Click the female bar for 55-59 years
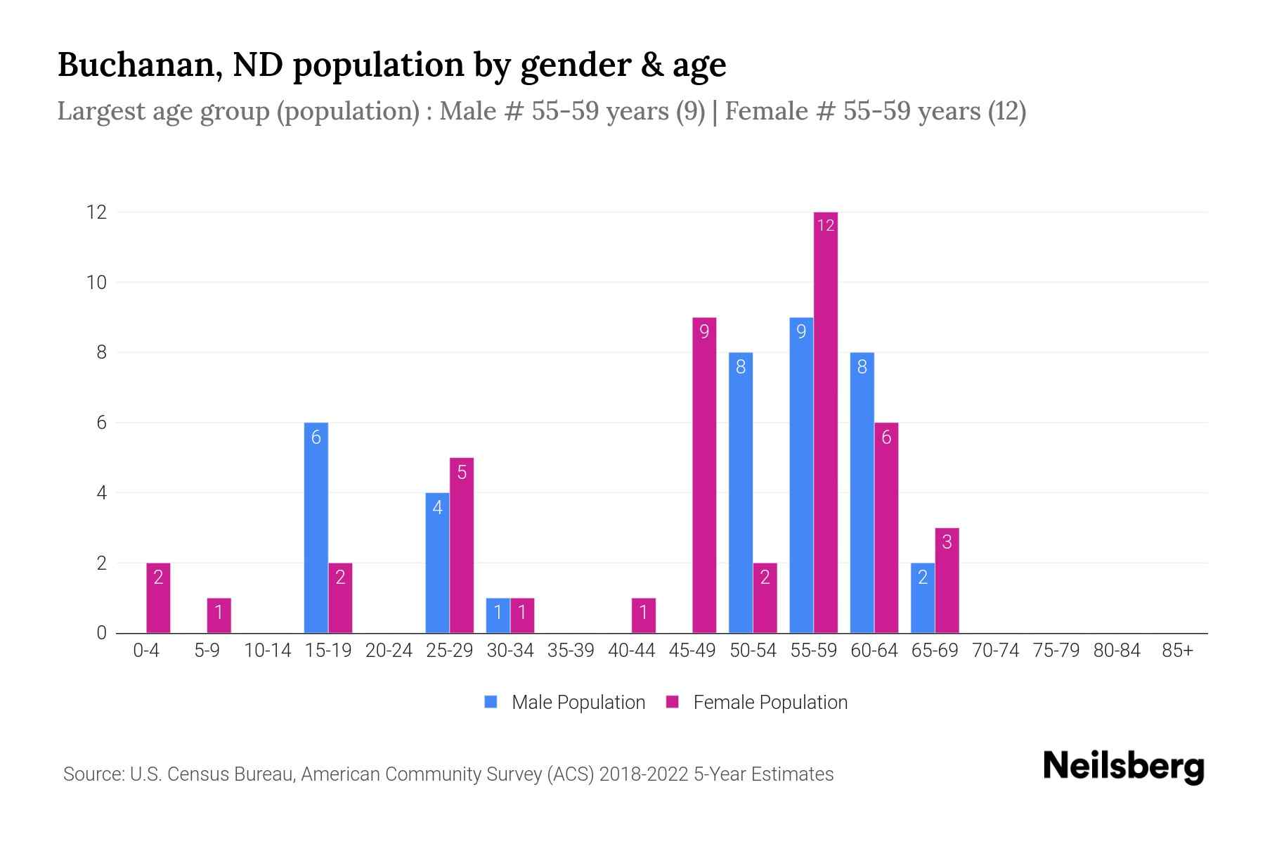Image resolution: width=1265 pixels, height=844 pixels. [x=826, y=422]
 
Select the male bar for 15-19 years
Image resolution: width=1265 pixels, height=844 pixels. [x=316, y=527]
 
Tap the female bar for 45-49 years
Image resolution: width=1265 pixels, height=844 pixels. [x=704, y=475]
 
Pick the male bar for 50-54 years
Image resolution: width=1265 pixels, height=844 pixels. [x=741, y=492]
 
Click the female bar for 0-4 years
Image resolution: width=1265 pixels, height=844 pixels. [x=158, y=598]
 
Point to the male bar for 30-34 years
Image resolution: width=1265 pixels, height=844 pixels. [x=498, y=615]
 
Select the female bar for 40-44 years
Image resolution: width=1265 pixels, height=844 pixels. [x=644, y=615]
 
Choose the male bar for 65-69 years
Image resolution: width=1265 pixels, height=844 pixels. [x=923, y=598]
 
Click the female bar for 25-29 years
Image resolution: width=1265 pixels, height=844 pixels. [x=462, y=545]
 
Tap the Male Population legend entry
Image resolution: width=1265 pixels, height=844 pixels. [x=566, y=702]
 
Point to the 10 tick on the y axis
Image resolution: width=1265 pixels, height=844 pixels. [x=97, y=282]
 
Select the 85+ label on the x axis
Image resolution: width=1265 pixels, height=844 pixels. [x=1177, y=651]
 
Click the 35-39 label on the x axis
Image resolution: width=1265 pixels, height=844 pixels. [x=571, y=651]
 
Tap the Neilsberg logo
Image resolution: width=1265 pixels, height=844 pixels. [x=1123, y=767]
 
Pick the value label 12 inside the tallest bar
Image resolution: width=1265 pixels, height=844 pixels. [x=826, y=225]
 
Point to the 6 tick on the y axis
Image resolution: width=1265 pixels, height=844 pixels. [x=101, y=423]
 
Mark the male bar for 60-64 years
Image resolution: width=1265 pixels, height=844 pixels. [x=862, y=492]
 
